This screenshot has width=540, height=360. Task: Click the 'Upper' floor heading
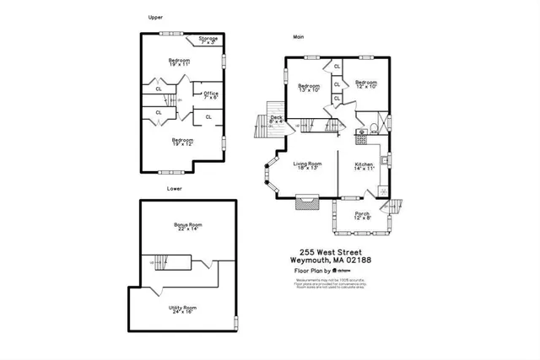154,17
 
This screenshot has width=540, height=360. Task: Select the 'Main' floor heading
298,37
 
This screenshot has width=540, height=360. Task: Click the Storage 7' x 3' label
208,40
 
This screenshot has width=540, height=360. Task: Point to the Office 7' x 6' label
210,95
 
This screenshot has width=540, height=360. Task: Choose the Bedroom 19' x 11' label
179,62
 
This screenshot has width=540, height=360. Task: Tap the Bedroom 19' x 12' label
183,142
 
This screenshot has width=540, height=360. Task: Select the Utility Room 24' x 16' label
182,309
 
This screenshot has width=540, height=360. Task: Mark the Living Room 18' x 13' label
308,165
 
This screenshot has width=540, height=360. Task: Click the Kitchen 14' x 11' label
364,165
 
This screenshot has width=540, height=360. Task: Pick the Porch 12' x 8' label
362,215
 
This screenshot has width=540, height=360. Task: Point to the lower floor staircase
170,264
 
